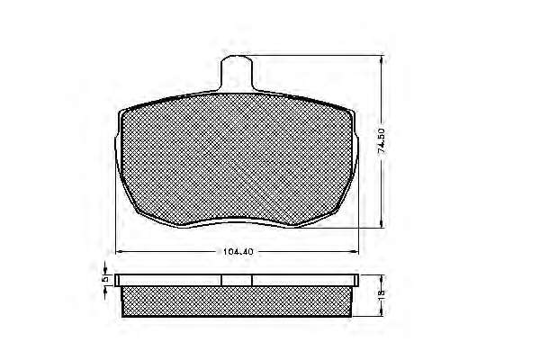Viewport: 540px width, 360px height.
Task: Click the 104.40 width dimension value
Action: tap(238, 251)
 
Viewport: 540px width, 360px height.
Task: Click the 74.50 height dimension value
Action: tap(381, 141)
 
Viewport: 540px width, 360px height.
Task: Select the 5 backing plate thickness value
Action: tap(105, 279)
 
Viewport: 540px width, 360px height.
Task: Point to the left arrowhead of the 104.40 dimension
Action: tap(119, 251)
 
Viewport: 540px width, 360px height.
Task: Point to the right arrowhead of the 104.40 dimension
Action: tap(355, 251)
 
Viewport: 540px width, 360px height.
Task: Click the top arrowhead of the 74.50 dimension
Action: tap(382, 59)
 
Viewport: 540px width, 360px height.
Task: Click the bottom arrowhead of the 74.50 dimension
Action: tap(382, 223)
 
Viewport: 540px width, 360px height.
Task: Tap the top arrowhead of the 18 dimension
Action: tap(382, 279)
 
